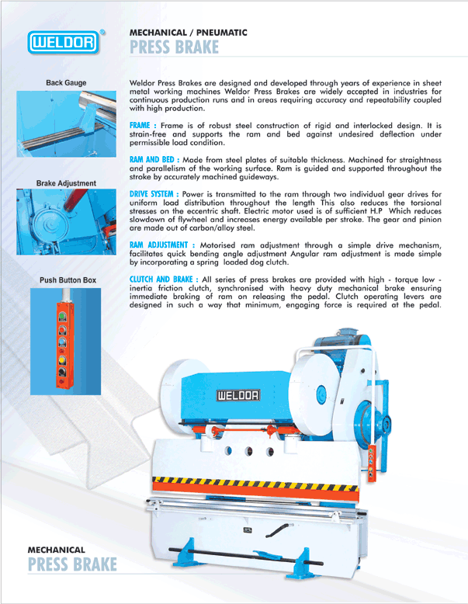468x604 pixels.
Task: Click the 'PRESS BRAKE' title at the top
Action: tap(174, 49)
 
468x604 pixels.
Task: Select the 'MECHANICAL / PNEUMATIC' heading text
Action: tap(188, 33)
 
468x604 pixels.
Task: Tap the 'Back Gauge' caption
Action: tap(66, 82)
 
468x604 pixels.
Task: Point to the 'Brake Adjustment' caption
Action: tap(66, 183)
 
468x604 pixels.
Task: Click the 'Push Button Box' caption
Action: tap(68, 279)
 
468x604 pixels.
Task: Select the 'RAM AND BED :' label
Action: tap(154, 158)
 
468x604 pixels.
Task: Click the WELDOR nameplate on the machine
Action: tap(237, 394)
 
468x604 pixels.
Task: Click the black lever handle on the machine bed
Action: tap(282, 529)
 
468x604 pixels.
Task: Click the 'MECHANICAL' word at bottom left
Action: tap(56, 550)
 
